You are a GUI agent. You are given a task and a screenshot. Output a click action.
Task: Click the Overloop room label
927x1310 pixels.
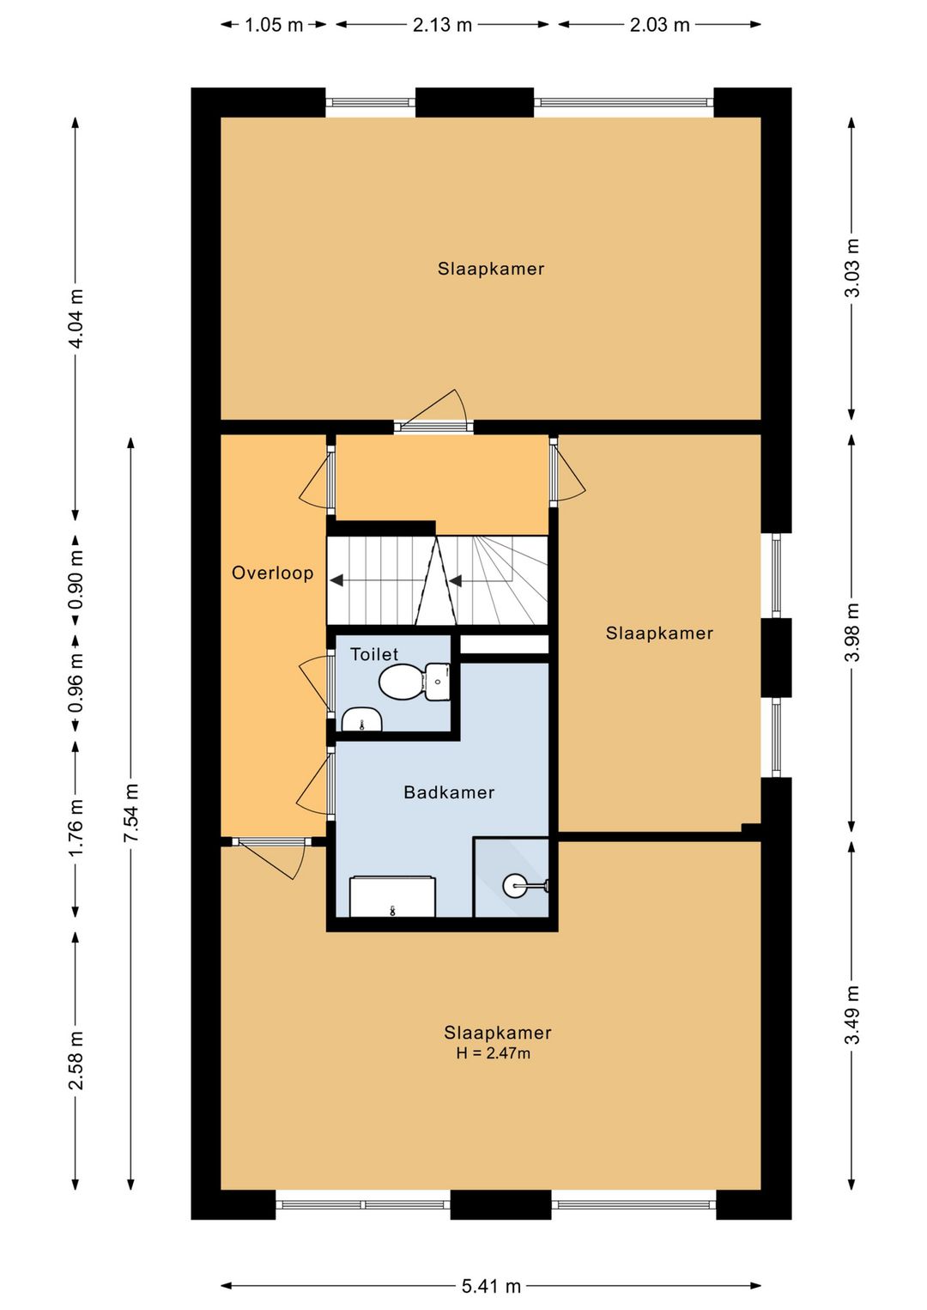pos(273,573)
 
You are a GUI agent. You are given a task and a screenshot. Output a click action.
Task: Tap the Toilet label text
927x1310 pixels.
pos(374,654)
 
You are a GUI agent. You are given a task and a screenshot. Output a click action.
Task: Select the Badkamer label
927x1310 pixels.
pos(449,792)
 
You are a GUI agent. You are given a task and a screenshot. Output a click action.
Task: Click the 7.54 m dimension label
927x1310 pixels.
pos(130,814)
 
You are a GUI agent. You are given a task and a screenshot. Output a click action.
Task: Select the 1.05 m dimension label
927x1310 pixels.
pos(273,25)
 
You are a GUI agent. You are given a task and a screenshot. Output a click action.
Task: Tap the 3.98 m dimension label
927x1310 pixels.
pos(851,632)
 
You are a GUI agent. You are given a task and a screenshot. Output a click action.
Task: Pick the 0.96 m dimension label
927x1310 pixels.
pos(76,682)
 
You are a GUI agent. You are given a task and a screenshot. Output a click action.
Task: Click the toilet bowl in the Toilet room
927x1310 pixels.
pos(401,682)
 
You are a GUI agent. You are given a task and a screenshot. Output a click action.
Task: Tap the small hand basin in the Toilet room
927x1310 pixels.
pos(361,720)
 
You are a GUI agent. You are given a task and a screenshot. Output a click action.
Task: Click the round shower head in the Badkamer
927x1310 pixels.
pos(515,885)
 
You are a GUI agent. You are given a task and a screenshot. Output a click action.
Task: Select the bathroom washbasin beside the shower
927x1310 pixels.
pos(392,896)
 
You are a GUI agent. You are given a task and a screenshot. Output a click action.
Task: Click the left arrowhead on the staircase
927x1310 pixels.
pos(336,580)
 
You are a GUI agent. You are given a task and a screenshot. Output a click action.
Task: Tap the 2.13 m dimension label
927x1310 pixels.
pos(442,25)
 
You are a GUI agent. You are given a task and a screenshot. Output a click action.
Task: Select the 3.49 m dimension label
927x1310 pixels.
pos(851,1015)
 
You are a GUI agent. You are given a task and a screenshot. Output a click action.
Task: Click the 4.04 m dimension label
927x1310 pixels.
pos(76,318)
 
